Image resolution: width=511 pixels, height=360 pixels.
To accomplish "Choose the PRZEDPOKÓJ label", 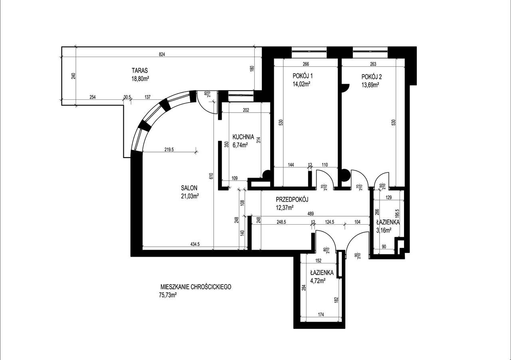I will coord(293,200).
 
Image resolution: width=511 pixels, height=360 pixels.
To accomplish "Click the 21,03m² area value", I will coord(190,196).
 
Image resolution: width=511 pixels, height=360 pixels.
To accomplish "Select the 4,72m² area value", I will coord(318,281).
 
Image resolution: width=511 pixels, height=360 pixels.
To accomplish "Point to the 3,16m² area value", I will coord(384,230).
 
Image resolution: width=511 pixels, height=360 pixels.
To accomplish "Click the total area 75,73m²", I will coord(167,295).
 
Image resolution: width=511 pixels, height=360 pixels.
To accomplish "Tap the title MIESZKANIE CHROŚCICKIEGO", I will coord(196,287).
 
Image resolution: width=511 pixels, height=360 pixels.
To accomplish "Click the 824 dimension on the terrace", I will coord(161,54).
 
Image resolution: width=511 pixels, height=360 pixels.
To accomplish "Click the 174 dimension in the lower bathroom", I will coord(322,315).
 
